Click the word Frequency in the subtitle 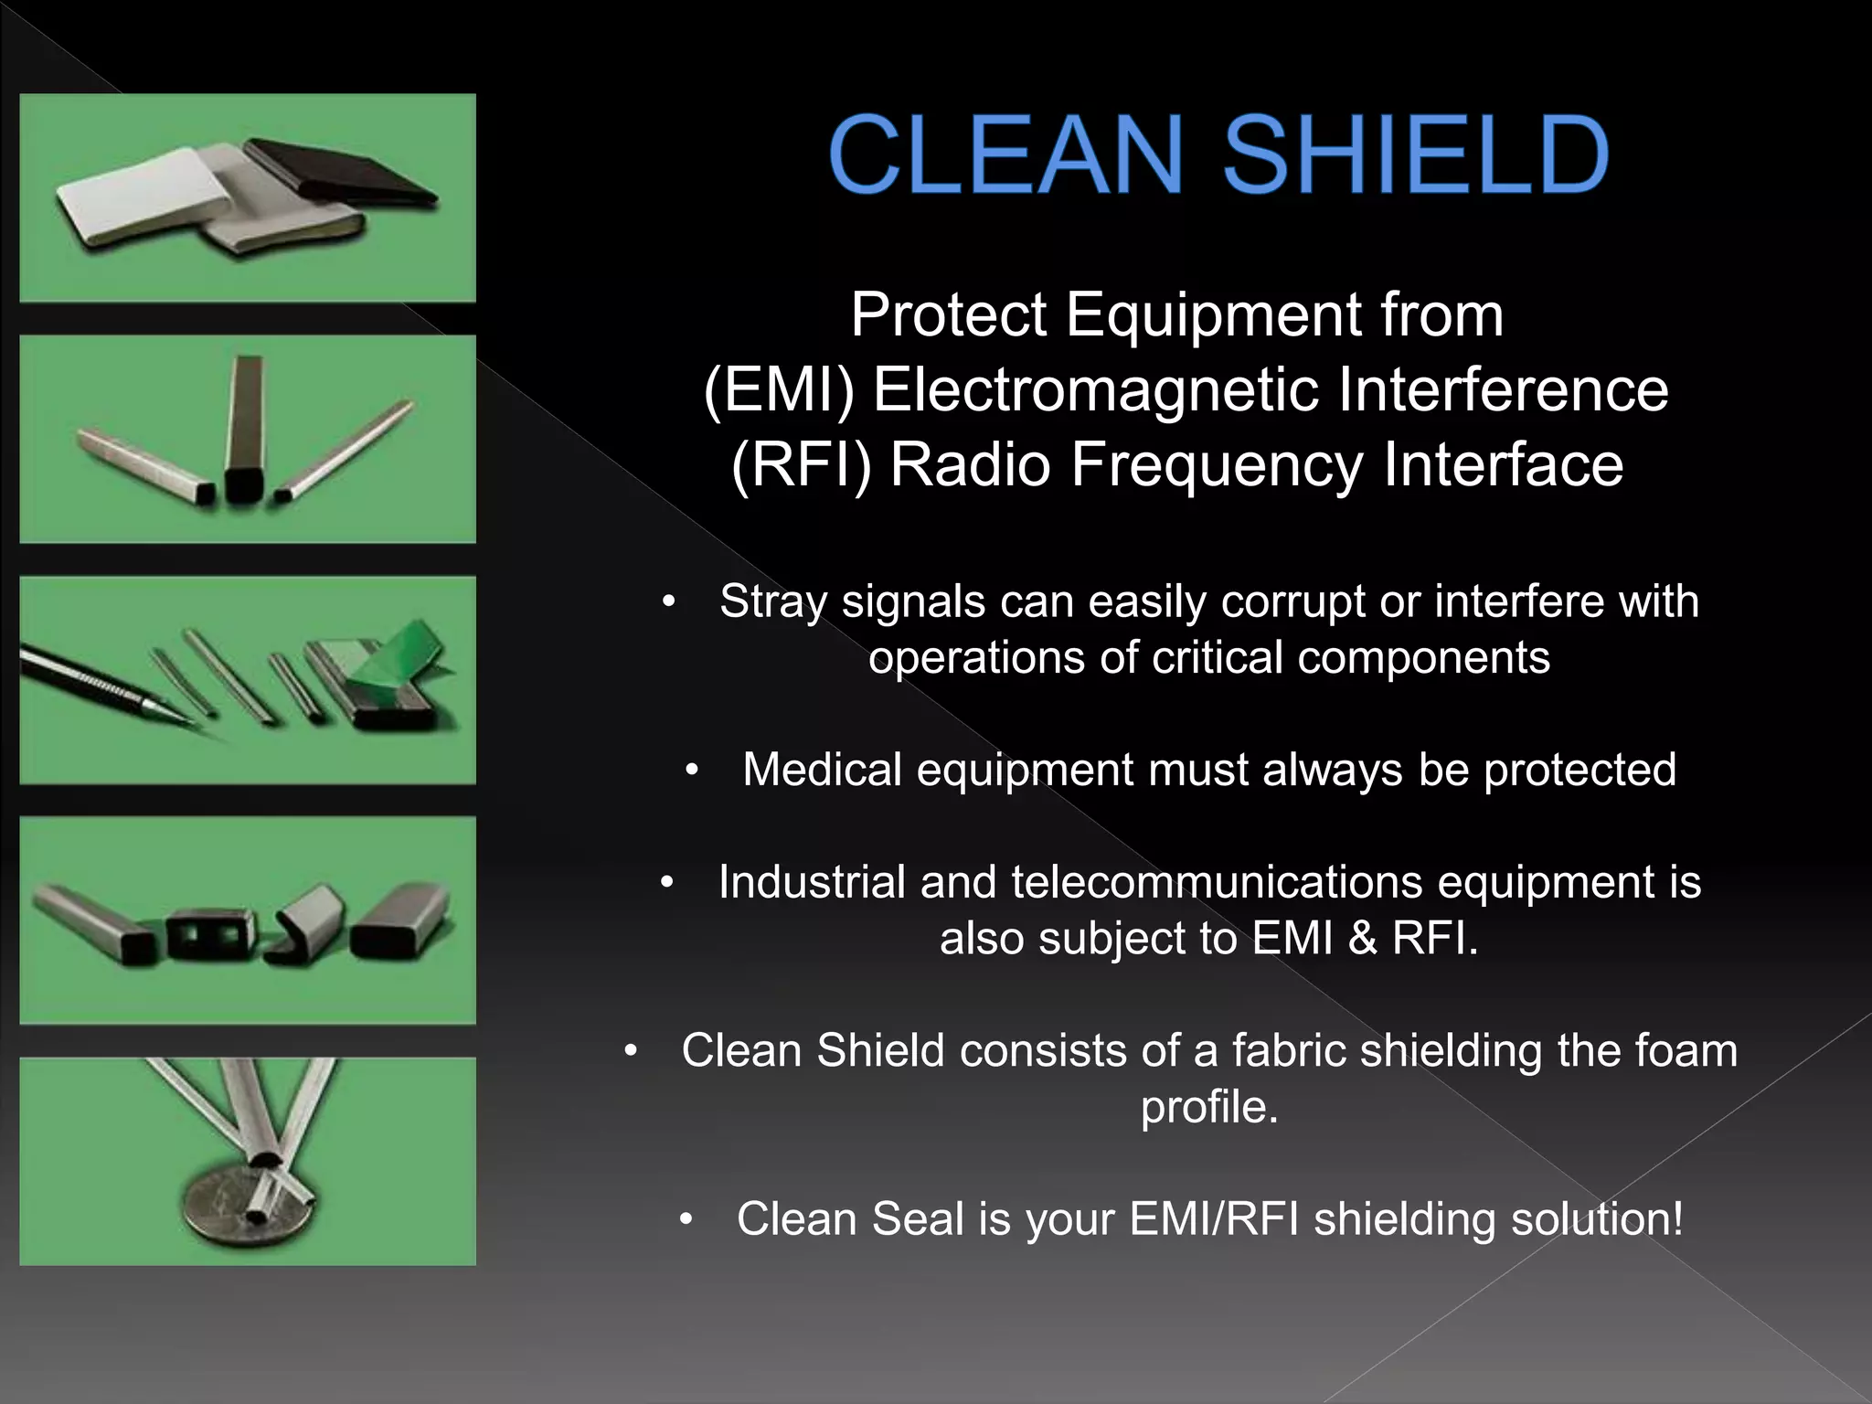pyautogui.click(x=1216, y=465)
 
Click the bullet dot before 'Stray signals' pyautogui.click(x=669, y=601)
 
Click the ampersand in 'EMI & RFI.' pyautogui.click(x=1362, y=939)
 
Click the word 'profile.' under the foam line pyautogui.click(x=1208, y=1107)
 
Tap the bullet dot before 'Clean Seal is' pyautogui.click(x=687, y=1219)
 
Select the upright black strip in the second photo pyautogui.click(x=245, y=430)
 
